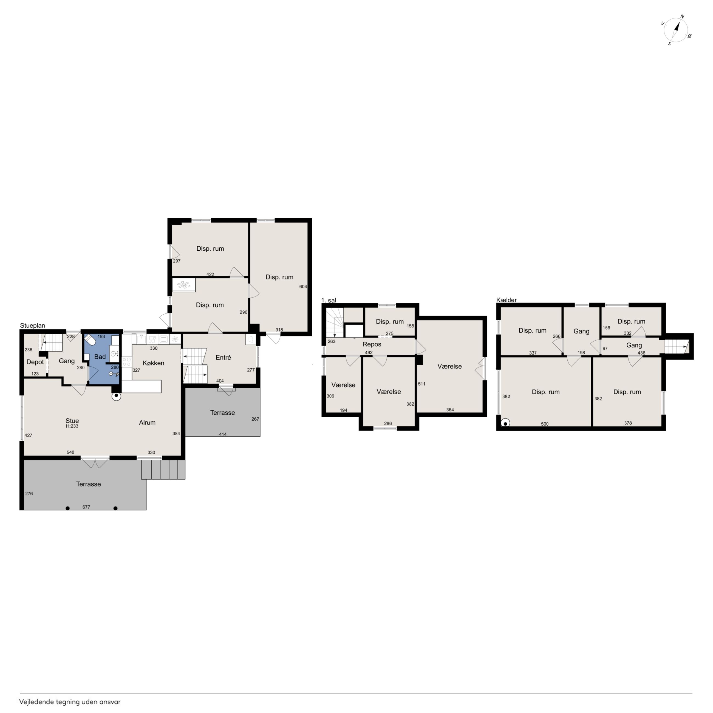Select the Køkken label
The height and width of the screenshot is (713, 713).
(x=154, y=363)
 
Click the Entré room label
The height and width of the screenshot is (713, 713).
(x=223, y=358)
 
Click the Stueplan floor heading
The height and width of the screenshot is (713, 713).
(x=32, y=326)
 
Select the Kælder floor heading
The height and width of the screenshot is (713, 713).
(x=506, y=300)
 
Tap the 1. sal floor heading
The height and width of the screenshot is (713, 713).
(x=329, y=300)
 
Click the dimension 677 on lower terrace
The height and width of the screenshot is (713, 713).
(x=86, y=507)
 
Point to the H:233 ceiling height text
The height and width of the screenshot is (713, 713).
(x=72, y=426)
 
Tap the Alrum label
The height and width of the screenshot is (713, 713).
(x=147, y=423)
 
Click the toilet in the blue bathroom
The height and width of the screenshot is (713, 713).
(x=90, y=340)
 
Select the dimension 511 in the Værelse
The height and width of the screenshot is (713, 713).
(x=421, y=384)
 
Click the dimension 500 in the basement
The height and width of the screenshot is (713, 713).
(x=545, y=424)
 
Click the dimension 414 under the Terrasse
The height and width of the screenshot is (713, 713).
(x=223, y=435)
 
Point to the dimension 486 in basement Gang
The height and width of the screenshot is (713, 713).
(x=641, y=353)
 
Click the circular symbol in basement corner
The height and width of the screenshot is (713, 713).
(x=505, y=423)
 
